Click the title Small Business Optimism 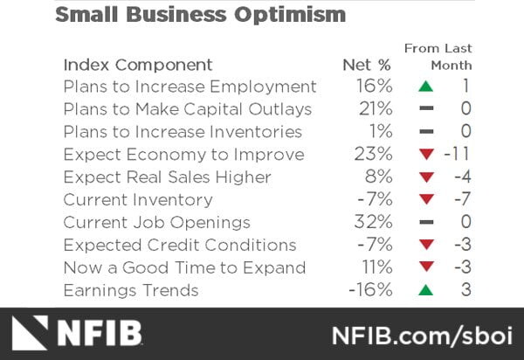(200, 15)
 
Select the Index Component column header (137, 65)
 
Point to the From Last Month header (438, 57)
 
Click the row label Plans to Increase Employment (190, 87)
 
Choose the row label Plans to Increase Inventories (183, 132)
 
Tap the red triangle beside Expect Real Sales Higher (425, 177)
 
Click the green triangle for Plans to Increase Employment (425, 87)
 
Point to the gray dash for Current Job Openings (425, 223)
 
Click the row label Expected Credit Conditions (180, 246)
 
